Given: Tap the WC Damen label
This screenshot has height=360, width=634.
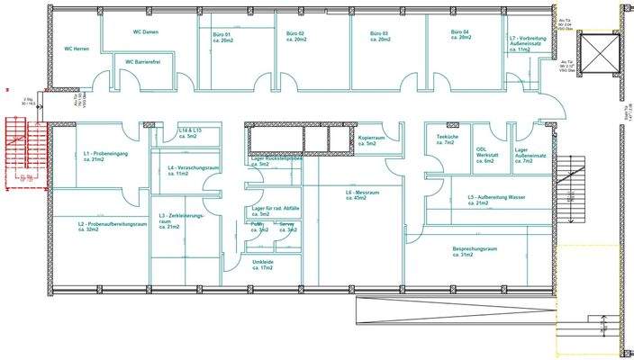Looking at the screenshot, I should coord(147,32).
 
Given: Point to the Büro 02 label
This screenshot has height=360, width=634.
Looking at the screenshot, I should coord(295,38).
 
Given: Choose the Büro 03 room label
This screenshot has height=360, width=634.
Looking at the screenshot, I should coord(378,38).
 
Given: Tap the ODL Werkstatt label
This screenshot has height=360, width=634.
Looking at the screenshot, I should coord(487,155).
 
